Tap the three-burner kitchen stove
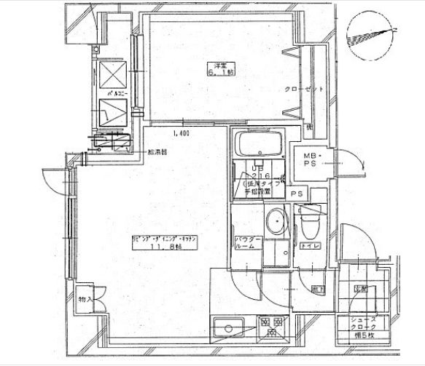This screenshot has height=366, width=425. tap(270, 326)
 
